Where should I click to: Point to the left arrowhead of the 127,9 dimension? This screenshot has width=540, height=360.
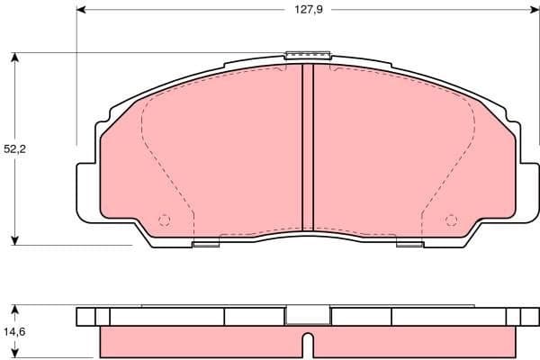tap(81, 12)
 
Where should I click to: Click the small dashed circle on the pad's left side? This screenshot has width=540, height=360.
tap(164, 219)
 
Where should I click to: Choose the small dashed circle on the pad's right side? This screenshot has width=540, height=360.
tap(451, 219)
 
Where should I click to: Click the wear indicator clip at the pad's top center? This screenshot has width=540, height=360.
tap(308, 55)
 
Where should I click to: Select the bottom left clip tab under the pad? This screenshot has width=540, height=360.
tap(206, 241)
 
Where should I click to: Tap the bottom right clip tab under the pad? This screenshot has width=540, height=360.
tap(409, 241)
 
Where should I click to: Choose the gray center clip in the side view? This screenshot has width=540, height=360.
tap(308, 316)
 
